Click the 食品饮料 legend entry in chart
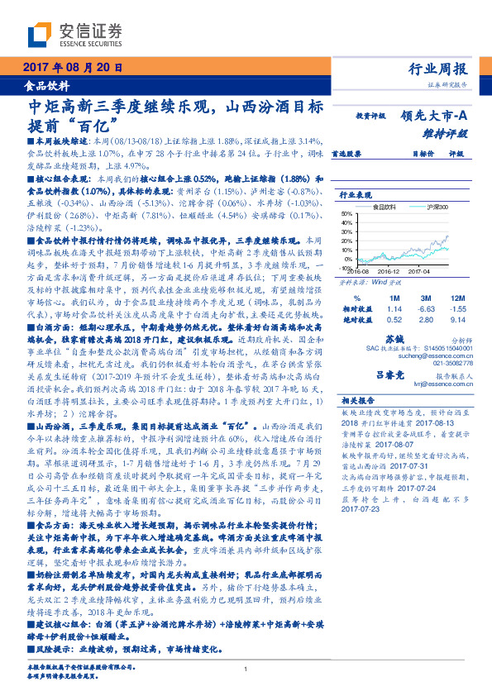(x=388, y=207)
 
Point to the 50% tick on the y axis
(x=346, y=213)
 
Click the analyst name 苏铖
(x=394, y=340)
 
